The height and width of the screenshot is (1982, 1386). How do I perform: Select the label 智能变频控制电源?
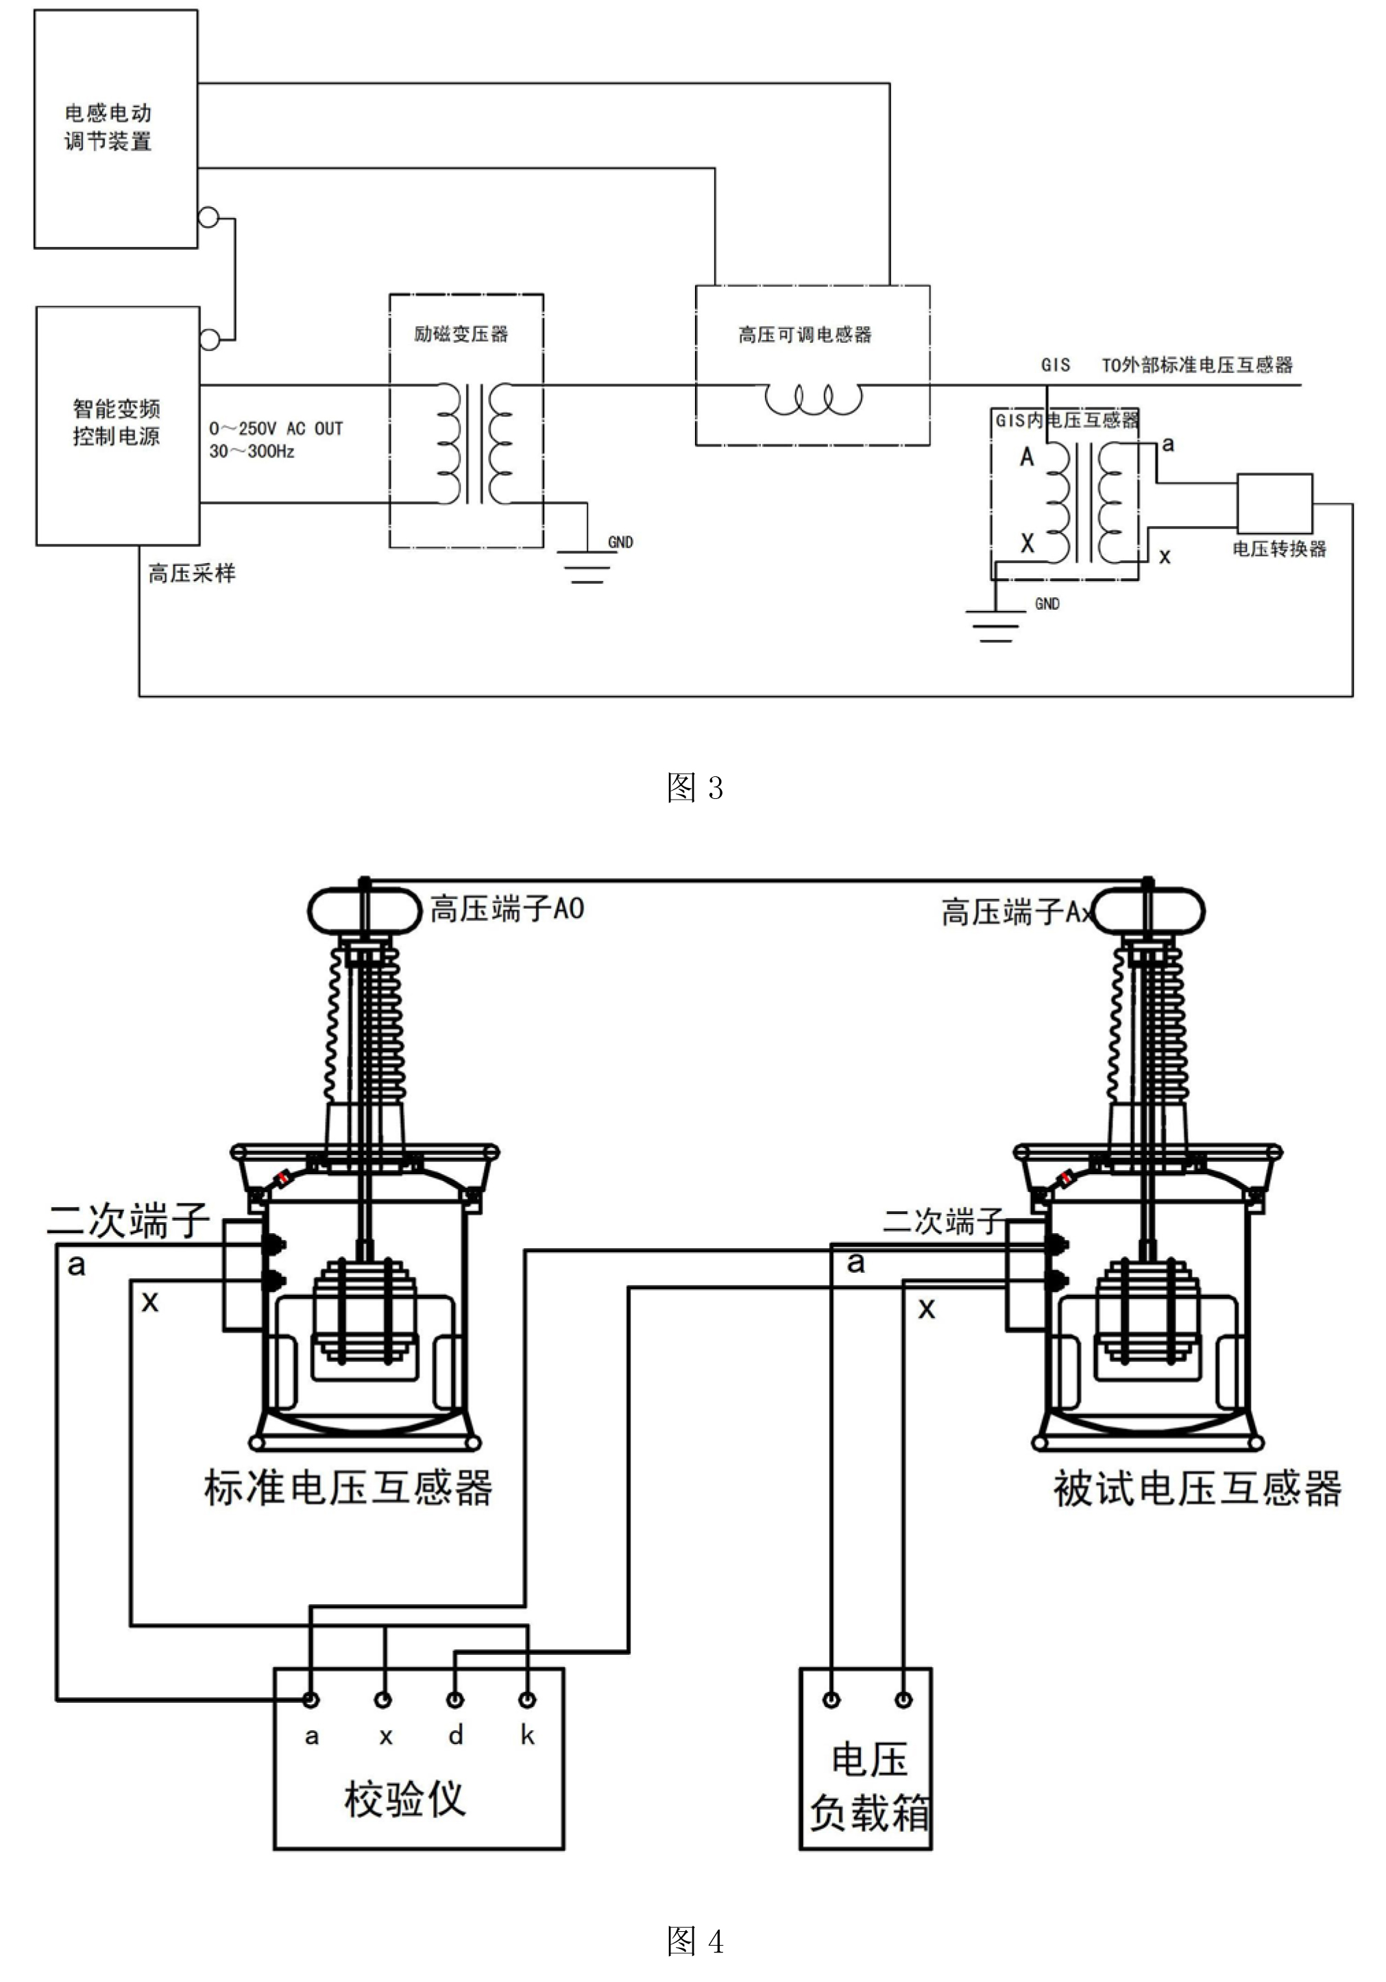click(x=116, y=422)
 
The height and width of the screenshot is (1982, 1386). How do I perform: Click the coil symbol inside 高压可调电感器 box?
click(x=813, y=400)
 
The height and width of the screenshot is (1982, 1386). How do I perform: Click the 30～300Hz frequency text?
click(x=252, y=451)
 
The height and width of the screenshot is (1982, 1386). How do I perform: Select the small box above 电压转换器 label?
click(x=1274, y=503)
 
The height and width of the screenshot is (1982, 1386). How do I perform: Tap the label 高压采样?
click(x=192, y=573)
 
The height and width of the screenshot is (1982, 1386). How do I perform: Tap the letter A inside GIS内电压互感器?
click(x=1026, y=457)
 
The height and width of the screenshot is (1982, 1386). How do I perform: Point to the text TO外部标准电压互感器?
click(x=1196, y=365)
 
